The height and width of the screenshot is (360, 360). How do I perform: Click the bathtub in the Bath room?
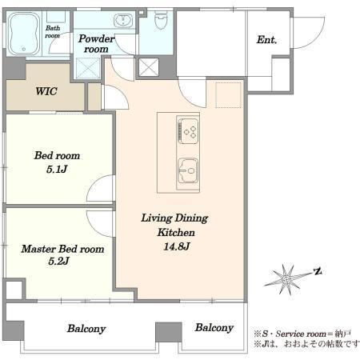(23, 34)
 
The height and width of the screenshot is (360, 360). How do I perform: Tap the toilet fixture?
(161, 20)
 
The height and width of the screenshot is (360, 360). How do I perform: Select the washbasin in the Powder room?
(123, 21)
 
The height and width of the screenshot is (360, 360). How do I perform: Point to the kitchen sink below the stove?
(188, 171)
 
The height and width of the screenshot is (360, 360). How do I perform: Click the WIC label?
(46, 91)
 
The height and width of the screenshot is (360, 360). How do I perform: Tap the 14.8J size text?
(177, 246)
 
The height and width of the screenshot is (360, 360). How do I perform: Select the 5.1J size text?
(57, 170)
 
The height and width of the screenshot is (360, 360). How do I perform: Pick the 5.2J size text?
(58, 261)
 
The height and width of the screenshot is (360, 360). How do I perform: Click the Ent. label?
(266, 40)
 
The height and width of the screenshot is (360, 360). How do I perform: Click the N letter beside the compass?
(318, 272)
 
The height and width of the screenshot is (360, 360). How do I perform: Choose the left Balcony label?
(86, 329)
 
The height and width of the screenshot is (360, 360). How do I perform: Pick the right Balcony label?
(214, 328)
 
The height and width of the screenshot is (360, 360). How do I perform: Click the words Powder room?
(96, 44)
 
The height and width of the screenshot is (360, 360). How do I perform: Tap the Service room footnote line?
(302, 334)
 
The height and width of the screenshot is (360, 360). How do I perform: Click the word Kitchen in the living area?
(176, 233)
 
